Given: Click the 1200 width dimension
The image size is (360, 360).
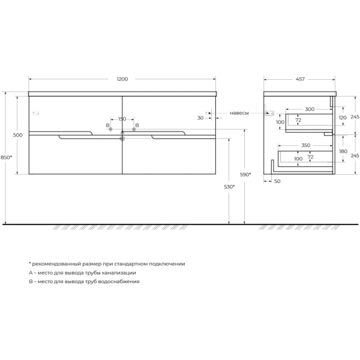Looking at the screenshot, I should pos(122,79).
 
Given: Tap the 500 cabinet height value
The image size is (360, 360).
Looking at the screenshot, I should pos(17,135).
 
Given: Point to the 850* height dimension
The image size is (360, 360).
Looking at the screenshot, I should pos(6,157).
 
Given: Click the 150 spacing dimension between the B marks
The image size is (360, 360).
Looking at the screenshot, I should pos(122,119).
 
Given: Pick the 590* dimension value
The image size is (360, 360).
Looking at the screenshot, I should pos(245,175).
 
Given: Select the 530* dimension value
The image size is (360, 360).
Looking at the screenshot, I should pos(229,187).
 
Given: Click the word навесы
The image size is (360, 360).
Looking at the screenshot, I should pos(239,112).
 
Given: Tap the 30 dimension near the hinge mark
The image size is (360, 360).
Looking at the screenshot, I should pos(200,118).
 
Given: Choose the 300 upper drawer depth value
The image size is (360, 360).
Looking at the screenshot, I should pos(309,109).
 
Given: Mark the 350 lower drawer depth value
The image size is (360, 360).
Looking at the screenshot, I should pos(306,146).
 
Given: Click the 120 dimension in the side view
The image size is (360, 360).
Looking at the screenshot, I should pos(342,118).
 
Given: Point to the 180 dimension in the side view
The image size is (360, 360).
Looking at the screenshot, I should pos(342,151).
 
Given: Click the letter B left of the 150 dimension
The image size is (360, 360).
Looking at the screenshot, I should pos(107,125).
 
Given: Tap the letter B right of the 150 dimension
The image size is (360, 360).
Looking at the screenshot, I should pos(137,125).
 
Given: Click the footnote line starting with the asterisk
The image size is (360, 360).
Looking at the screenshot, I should pos(107,264).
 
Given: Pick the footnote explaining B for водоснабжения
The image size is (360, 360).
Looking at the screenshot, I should pos(84,281).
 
